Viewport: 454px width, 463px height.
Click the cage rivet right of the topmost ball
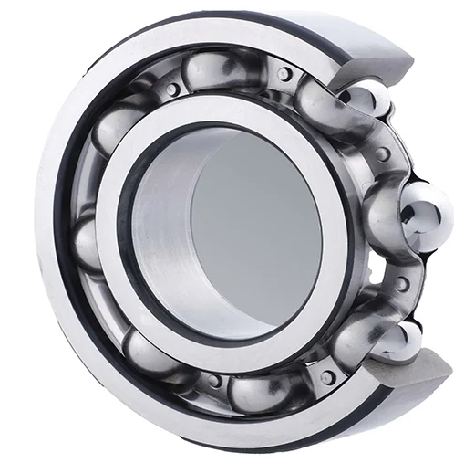(285, 74)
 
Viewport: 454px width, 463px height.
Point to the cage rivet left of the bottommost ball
(214, 380)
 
